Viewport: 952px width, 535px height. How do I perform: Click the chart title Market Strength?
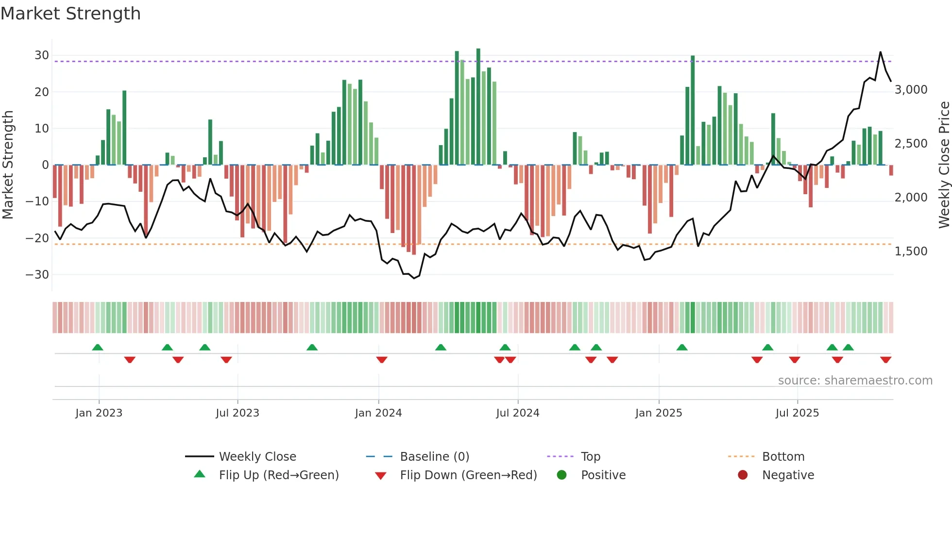(70, 14)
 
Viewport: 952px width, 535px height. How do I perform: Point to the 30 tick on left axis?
(42, 55)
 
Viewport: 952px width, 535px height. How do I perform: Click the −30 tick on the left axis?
(38, 275)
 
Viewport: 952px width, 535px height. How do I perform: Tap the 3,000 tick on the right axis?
(911, 90)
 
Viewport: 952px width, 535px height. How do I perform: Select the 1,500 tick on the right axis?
(911, 251)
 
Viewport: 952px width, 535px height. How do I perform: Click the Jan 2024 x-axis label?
(378, 413)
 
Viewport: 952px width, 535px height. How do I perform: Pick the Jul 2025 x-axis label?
(797, 413)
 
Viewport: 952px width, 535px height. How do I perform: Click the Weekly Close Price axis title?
(944, 165)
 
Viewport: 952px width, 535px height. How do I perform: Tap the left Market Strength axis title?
(8, 165)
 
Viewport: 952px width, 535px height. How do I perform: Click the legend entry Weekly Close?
(257, 457)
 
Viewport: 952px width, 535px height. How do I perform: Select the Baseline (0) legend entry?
(434, 457)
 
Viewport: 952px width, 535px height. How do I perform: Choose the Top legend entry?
(590, 457)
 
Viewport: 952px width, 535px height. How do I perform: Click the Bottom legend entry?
(783, 457)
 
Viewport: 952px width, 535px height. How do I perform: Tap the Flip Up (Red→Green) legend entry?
(278, 475)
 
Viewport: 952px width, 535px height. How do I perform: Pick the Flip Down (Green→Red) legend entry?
(468, 475)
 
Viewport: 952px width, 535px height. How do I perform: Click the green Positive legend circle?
(562, 475)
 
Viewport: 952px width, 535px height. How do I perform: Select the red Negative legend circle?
(743, 475)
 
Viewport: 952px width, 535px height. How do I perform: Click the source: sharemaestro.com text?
(855, 381)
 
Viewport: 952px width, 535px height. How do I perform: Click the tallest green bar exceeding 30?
(478, 107)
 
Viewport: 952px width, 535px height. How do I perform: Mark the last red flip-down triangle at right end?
(885, 360)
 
